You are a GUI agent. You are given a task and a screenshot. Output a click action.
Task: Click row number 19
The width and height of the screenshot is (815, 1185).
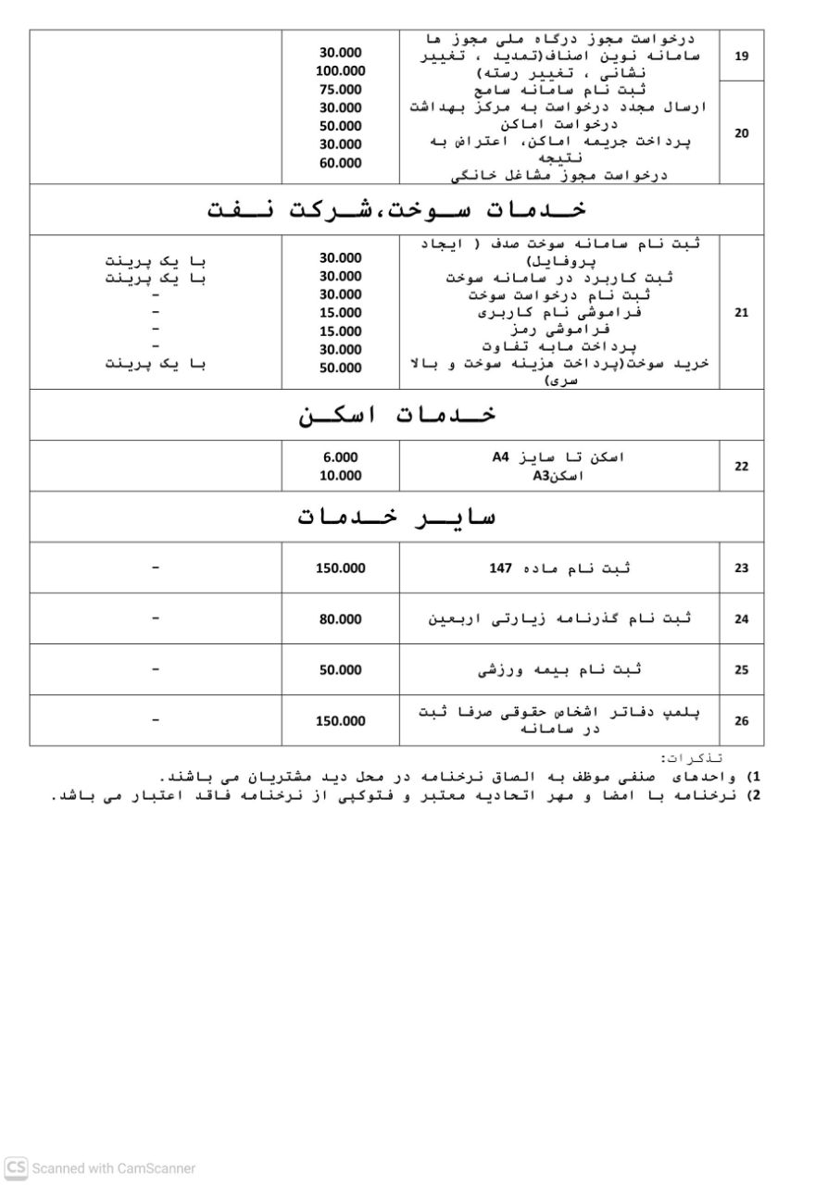741,56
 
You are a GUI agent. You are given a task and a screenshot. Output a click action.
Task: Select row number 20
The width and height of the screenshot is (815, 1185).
741,133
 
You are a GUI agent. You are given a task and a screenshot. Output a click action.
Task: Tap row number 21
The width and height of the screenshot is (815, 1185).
741,313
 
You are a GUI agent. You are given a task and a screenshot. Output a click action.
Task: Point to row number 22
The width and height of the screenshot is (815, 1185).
741,467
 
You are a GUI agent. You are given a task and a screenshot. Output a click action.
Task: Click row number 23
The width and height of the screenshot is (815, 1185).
741,568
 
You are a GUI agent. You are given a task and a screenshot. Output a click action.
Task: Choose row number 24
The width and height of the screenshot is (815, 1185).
741,619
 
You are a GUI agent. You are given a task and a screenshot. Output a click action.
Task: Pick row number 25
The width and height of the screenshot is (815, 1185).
741,670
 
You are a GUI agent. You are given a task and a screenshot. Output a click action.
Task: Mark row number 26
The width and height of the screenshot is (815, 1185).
741,721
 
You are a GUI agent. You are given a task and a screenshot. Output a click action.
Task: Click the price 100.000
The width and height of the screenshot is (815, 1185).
340,71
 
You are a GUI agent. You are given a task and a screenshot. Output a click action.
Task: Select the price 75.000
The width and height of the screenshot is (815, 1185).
340,90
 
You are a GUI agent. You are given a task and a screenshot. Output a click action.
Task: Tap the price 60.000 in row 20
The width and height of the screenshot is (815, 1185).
340,163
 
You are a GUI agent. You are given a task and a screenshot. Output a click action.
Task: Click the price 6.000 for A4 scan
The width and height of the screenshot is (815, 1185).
340,457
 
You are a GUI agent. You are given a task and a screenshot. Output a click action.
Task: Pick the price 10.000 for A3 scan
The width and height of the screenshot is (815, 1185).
340,476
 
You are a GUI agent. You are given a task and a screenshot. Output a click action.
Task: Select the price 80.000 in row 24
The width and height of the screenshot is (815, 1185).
340,619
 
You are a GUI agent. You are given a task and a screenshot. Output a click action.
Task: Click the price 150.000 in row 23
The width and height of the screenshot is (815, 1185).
340,568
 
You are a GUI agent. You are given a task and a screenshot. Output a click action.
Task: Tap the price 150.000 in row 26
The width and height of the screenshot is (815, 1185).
340,721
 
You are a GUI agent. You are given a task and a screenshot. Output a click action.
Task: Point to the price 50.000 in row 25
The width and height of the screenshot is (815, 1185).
340,670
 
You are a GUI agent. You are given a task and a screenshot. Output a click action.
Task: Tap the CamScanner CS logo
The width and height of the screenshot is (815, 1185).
16,1167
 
